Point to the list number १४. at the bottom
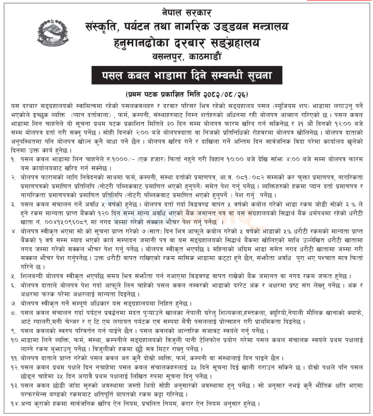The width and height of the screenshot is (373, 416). pos(15,404)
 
